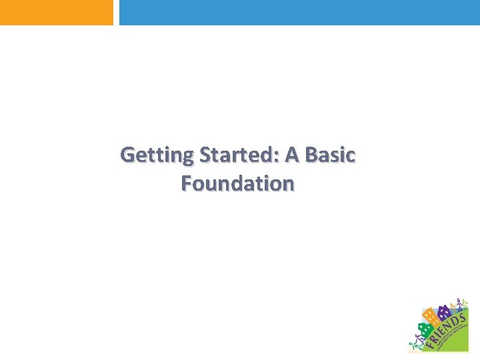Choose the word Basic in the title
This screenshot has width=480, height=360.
[x=331, y=155]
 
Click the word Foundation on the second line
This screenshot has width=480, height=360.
[x=237, y=183]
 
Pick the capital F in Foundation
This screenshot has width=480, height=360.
[x=186, y=183]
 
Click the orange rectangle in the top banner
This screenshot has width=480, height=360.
[x=57, y=12]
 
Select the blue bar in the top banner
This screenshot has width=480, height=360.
[x=299, y=12]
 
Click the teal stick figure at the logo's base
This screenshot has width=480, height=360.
[x=413, y=345]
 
